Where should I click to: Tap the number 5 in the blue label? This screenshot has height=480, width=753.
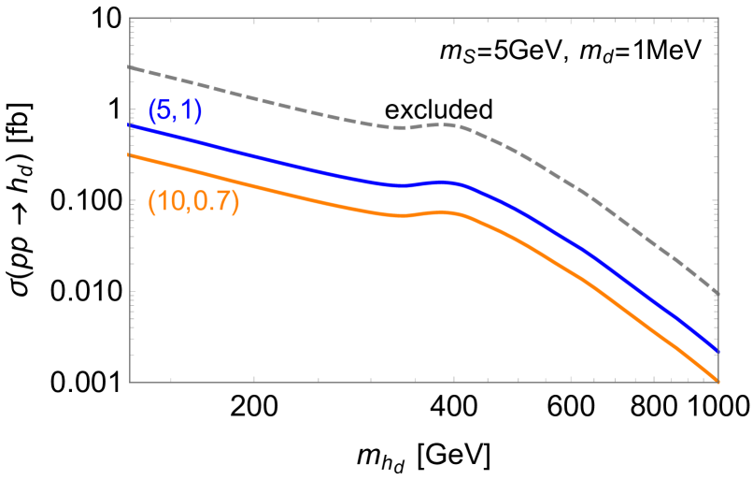click(x=163, y=110)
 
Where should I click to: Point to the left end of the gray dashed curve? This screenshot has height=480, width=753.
click(x=130, y=67)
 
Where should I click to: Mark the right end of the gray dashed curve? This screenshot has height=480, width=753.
click(x=717, y=294)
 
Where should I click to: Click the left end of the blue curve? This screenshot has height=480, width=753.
click(x=130, y=124)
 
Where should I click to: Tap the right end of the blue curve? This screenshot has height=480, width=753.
click(x=717, y=351)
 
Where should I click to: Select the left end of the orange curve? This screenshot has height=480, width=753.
click(x=130, y=155)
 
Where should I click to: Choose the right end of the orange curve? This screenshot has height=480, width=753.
click(x=717, y=381)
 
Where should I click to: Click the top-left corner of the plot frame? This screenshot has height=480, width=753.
click(x=130, y=18)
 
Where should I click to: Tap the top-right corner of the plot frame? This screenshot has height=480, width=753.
click(x=717, y=18)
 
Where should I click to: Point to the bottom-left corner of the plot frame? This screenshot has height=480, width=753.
click(x=130, y=382)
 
